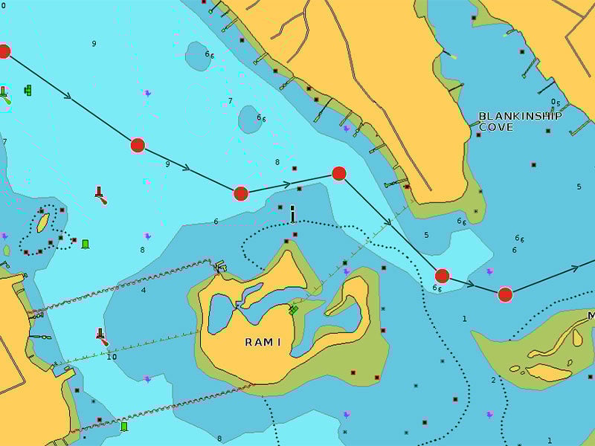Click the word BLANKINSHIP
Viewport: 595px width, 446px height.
(x=520, y=116)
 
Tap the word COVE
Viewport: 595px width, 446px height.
(x=495, y=127)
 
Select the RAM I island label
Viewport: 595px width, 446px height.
(x=263, y=342)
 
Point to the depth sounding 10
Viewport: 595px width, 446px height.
(x=112, y=357)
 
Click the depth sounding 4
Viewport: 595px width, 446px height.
(x=144, y=290)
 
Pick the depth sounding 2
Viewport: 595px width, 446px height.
(x=492, y=381)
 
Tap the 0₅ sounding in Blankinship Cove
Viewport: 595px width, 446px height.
(x=556, y=103)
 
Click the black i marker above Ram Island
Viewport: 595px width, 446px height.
(x=292, y=214)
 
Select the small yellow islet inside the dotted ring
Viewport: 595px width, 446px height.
(x=43, y=222)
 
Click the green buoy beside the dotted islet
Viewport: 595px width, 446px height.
(x=86, y=244)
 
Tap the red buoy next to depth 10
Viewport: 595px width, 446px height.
(x=100, y=336)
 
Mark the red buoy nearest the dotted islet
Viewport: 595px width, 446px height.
(x=100, y=195)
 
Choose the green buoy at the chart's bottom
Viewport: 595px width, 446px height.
(x=124, y=427)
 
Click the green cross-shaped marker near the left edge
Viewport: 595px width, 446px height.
(x=28, y=90)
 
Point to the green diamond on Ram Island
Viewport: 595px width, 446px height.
(x=293, y=309)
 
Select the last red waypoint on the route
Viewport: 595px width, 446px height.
(x=505, y=294)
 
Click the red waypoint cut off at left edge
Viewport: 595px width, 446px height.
(x=4, y=51)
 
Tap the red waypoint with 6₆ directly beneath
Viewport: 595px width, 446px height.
(x=442, y=276)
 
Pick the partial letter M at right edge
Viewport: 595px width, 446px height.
(x=591, y=316)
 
